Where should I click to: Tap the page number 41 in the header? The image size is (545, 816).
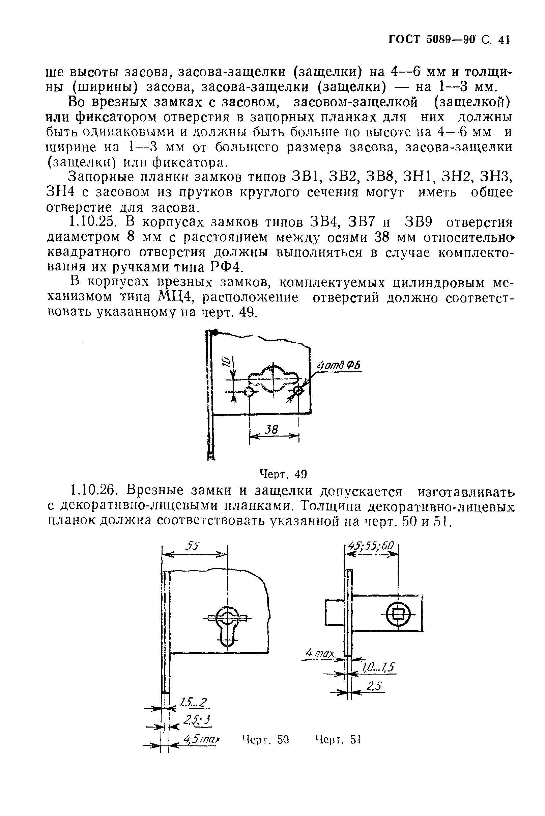click(503, 40)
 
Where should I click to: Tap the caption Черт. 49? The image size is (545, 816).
click(284, 474)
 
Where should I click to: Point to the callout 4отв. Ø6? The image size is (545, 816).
click(339, 365)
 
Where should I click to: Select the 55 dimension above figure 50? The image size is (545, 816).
click(192, 546)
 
